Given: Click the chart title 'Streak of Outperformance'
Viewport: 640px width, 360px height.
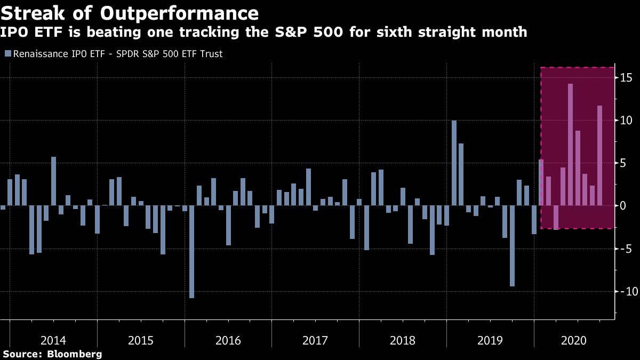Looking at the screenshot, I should (x=130, y=13).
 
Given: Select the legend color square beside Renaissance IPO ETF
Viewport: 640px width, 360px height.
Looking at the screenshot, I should (x=7, y=54).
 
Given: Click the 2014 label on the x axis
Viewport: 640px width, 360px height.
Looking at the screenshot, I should (x=53, y=340).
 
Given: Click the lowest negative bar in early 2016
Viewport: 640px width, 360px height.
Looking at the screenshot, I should (x=191, y=252).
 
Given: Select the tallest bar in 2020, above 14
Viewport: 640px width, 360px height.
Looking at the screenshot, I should (x=570, y=144).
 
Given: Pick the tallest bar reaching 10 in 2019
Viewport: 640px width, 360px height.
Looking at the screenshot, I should (x=454, y=163).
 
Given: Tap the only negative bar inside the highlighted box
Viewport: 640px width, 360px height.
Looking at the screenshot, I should (x=556, y=217).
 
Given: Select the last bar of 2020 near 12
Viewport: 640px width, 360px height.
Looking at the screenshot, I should (x=599, y=155).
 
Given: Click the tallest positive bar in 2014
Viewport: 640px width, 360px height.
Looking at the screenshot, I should (x=53, y=181).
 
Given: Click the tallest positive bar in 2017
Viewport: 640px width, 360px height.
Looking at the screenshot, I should (x=308, y=187).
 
